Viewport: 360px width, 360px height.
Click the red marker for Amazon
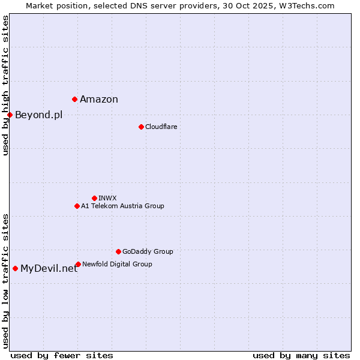(74, 99)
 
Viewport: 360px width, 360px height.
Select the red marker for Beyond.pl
(10, 115)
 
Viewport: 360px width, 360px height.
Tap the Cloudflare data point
(141, 127)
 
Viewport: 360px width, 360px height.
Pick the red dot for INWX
(94, 198)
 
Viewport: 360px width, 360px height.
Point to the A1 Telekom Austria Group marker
(77, 206)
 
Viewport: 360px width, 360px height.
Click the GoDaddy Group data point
(118, 251)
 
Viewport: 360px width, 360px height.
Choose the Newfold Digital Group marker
(78, 264)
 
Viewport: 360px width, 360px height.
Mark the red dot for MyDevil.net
(15, 268)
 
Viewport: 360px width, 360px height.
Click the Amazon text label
(99, 100)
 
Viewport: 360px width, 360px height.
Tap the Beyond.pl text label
(38, 115)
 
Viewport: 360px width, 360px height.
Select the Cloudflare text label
(161, 127)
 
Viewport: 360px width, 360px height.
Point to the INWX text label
(107, 198)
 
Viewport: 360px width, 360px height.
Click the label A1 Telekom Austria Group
(122, 206)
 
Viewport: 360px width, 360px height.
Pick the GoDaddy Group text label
(148, 251)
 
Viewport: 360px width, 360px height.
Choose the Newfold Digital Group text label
(117, 264)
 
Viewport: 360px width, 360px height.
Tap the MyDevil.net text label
(49, 269)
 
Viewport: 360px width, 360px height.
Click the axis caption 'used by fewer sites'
(62, 355)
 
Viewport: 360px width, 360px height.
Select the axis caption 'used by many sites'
(301, 355)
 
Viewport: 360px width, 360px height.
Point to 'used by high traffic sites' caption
(5, 85)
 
